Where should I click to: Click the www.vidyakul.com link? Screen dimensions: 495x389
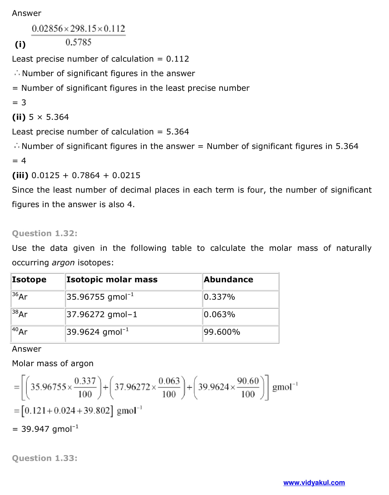(314, 483)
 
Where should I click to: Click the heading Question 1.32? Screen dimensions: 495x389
(45, 233)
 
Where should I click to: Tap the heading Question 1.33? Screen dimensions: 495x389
(45, 458)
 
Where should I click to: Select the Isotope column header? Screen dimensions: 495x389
(29, 280)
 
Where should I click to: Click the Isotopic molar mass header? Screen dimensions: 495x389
(112, 280)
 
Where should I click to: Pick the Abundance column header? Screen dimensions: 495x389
(228, 280)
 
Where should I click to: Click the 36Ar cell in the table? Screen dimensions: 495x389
(20, 296)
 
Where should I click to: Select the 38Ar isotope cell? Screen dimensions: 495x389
(20, 314)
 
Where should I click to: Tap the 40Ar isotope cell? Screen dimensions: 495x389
(20, 332)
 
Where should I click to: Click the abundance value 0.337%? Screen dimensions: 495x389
(219, 297)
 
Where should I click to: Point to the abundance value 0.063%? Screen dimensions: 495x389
(219, 314)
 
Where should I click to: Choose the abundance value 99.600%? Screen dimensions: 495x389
(222, 332)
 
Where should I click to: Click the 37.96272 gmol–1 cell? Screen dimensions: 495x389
(102, 314)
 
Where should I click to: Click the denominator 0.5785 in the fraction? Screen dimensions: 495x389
(78, 43)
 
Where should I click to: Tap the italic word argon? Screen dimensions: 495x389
(63, 263)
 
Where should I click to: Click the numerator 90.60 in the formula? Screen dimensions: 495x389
(248, 381)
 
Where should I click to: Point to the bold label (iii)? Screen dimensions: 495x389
(20, 175)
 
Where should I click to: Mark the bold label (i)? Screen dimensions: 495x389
(20, 44)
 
